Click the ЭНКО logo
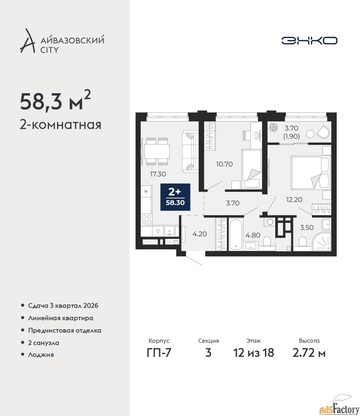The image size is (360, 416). [x=309, y=40]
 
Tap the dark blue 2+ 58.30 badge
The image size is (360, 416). [x=175, y=197]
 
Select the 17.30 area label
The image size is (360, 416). [x=158, y=174]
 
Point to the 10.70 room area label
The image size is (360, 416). [x=224, y=164]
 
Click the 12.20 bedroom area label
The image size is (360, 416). [x=294, y=200]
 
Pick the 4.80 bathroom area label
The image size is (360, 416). [x=253, y=235]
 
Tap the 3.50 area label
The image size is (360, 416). [x=307, y=227]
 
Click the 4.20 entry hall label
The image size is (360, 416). [x=200, y=234]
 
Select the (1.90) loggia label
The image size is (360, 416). [x=292, y=136]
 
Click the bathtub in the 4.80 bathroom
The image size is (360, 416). [x=236, y=234]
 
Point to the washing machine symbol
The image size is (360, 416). [x=269, y=222]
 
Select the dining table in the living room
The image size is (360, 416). [x=157, y=151]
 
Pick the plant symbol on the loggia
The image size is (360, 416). [x=274, y=127]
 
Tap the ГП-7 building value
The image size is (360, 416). [x=159, y=353]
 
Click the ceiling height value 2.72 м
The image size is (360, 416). [x=309, y=353]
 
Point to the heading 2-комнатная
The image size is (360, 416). [x=60, y=125]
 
